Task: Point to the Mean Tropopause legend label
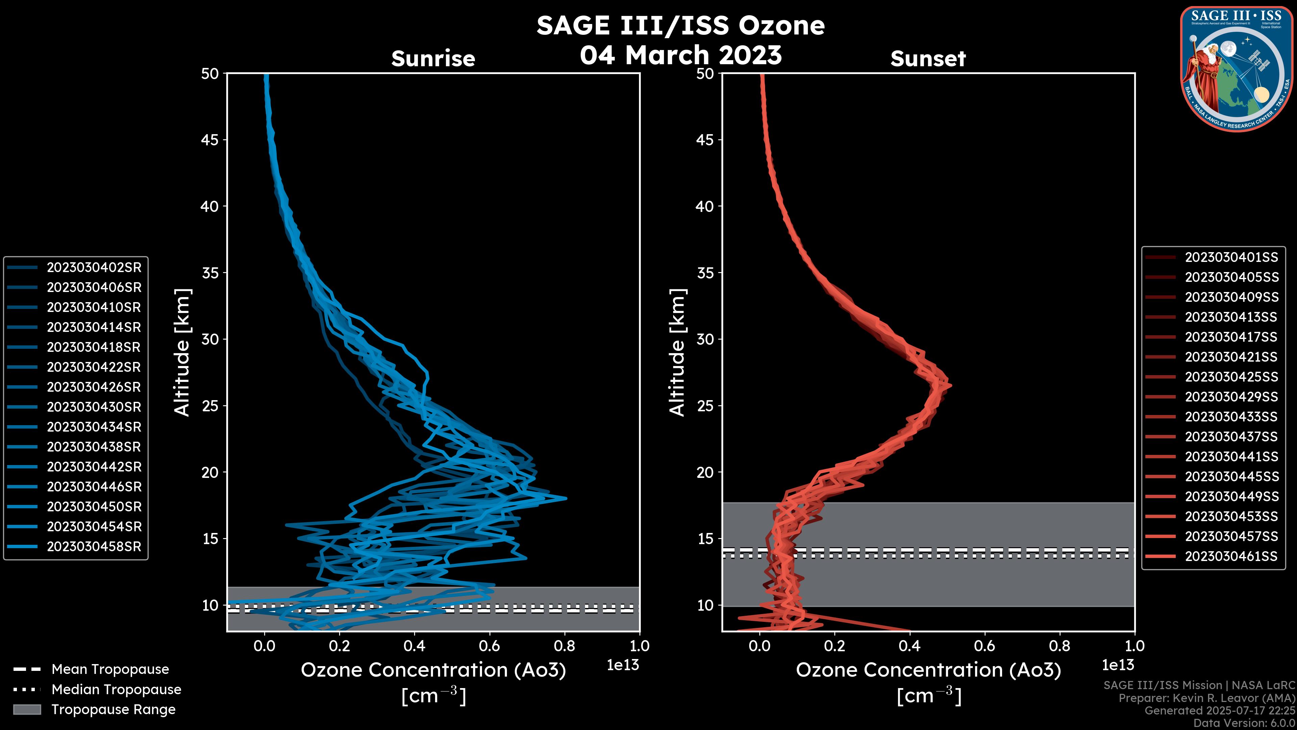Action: tap(110, 669)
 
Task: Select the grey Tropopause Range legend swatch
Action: tap(27, 709)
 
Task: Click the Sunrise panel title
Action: tap(433, 58)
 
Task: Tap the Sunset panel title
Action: tap(928, 58)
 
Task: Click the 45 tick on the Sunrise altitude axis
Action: tap(210, 140)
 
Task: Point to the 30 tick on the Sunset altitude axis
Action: tap(705, 339)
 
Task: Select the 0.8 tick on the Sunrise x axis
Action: tap(564, 646)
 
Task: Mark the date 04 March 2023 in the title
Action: tap(681, 55)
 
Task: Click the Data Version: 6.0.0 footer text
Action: tap(1245, 724)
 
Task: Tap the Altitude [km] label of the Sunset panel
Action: tap(677, 352)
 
